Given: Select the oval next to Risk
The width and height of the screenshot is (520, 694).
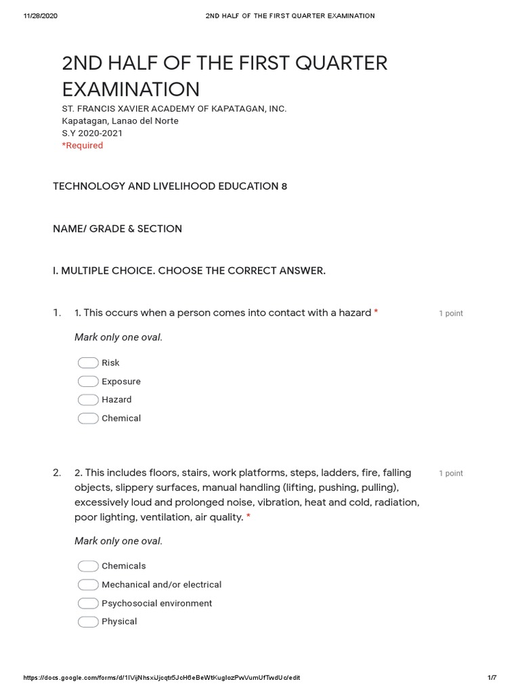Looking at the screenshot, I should (x=88, y=363).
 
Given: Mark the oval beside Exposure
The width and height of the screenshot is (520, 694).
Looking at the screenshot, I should (x=88, y=382).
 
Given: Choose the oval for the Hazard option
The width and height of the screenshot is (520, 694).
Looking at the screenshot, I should (x=88, y=400).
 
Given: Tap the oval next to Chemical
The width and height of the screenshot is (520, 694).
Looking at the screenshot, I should (x=88, y=418).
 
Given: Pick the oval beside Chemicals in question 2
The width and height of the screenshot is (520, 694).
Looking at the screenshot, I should (x=88, y=566).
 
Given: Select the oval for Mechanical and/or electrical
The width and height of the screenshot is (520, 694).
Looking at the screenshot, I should (x=88, y=584).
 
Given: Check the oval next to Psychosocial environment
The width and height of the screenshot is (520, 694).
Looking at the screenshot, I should (x=88, y=603).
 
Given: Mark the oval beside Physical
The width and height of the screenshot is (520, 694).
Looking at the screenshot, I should (x=88, y=621).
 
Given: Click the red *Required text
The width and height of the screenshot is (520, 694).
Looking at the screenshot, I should (x=83, y=146).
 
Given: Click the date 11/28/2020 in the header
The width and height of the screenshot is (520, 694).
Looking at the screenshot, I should (x=40, y=16).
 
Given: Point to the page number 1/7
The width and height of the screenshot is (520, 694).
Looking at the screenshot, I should (x=492, y=678).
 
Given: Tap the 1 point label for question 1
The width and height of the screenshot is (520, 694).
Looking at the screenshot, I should (x=451, y=314).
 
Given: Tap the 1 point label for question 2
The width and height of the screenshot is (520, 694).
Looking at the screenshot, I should (x=451, y=474).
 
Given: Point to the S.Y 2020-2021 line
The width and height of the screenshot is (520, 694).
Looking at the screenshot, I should (x=92, y=134).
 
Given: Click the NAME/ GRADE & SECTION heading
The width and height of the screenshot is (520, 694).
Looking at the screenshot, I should (x=118, y=229).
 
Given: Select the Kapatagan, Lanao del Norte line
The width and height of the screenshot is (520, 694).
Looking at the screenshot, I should (x=121, y=121).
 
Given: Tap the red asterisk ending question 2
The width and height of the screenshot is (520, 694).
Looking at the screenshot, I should (x=248, y=517).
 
